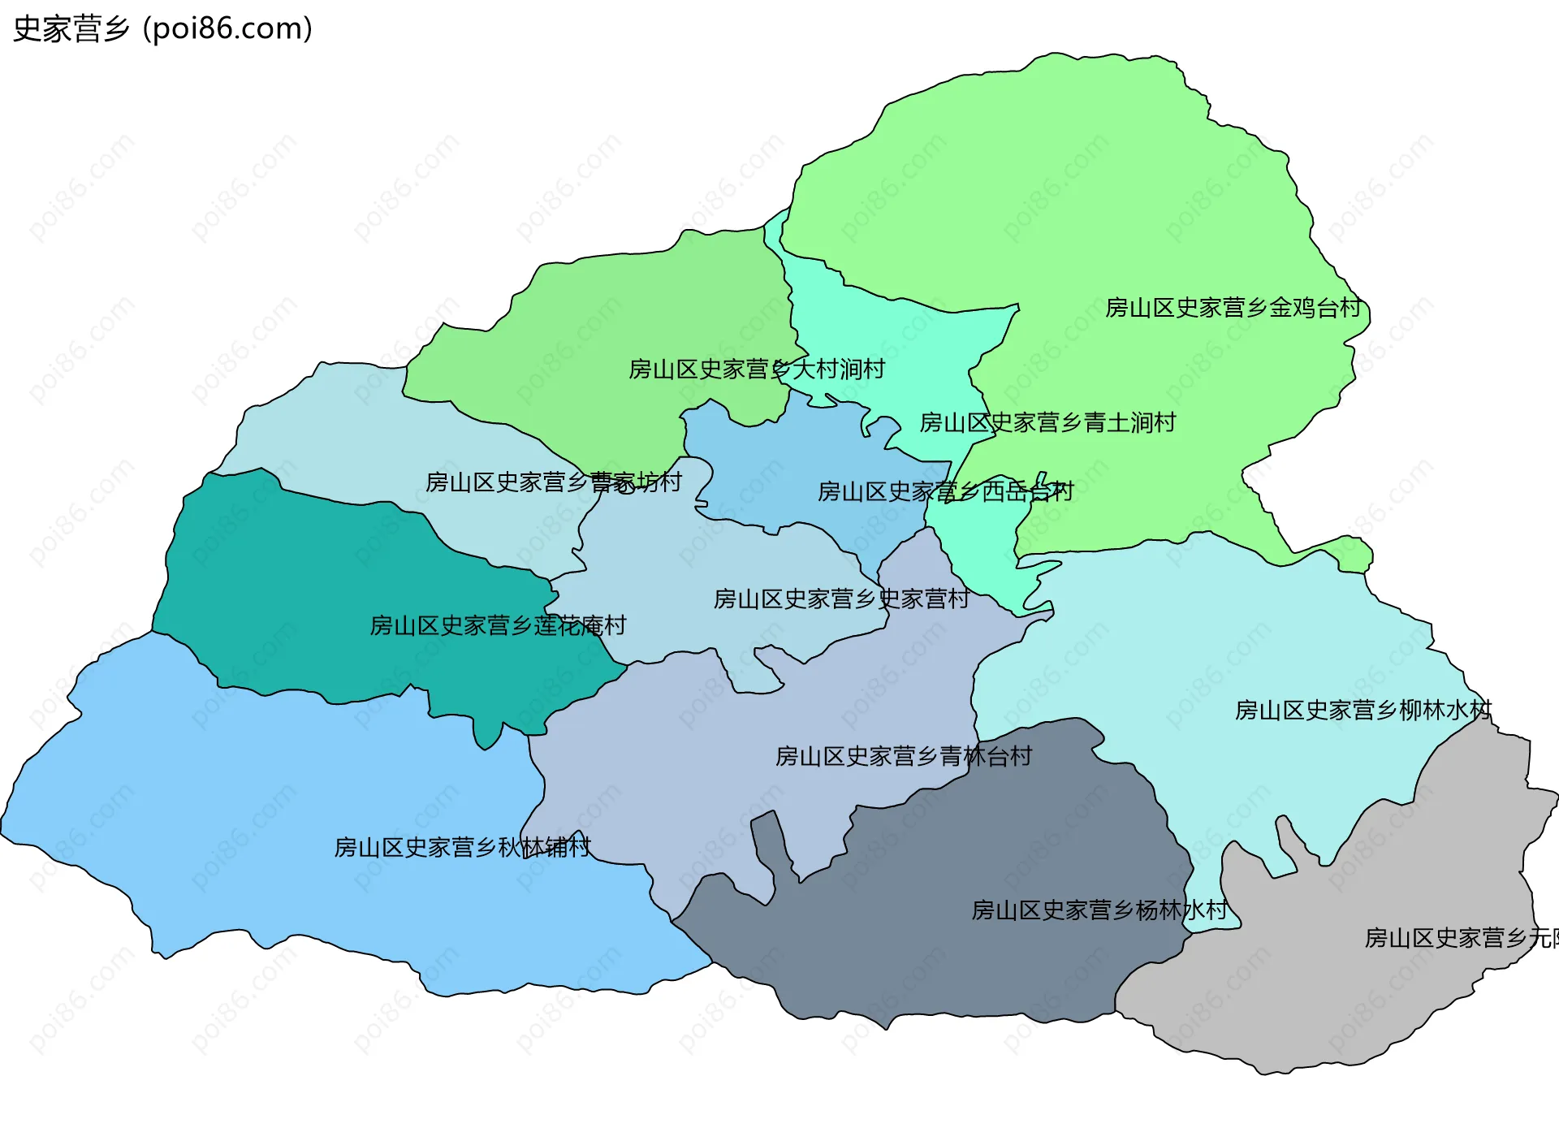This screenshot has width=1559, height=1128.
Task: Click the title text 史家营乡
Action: [71, 29]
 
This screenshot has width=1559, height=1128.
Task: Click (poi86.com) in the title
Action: [227, 29]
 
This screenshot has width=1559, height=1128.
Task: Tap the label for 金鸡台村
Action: [1233, 308]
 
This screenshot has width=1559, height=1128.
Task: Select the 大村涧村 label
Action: [756, 370]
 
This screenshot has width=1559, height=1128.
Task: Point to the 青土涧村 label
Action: [1047, 422]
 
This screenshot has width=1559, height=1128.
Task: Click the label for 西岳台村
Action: [945, 491]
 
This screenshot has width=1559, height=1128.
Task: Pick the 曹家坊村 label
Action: [553, 482]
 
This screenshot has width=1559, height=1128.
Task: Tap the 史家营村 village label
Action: [841, 599]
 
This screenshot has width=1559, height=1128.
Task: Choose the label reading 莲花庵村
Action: [498, 625]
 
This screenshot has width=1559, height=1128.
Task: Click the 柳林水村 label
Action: [1363, 711]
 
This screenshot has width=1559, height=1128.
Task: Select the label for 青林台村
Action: [903, 757]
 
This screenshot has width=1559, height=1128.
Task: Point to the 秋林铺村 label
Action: [462, 848]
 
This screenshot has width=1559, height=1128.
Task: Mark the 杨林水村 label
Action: [1099, 910]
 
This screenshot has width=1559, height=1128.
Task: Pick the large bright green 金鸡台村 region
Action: [1056, 187]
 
